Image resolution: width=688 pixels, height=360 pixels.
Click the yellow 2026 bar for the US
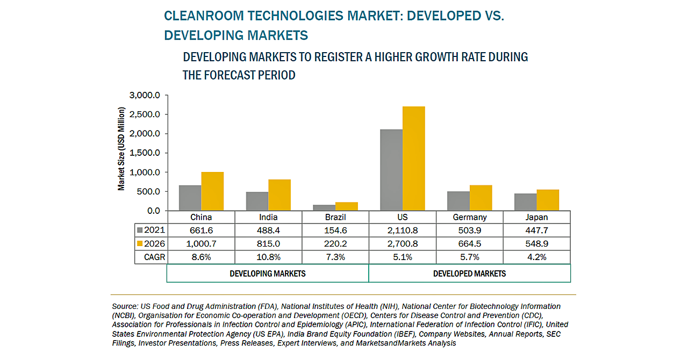[413, 159]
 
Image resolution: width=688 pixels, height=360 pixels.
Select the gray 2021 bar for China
[190, 198]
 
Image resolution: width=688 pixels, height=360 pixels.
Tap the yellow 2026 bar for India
[279, 195]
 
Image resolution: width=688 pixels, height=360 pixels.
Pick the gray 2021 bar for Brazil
[324, 207]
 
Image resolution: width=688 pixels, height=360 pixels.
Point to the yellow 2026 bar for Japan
[548, 200]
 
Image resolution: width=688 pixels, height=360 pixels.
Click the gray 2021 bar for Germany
[458, 200]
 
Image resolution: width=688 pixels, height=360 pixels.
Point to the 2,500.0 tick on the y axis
[145, 114]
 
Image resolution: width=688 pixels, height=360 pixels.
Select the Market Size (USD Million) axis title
[122, 149]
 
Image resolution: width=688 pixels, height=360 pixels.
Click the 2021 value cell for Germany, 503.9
[470, 230]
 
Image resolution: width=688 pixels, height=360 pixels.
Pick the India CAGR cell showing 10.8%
[268, 257]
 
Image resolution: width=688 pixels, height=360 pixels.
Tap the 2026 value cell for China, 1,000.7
[201, 243]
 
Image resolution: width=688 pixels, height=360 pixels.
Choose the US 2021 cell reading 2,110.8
[403, 230]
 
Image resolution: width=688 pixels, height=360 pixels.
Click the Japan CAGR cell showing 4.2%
[536, 257]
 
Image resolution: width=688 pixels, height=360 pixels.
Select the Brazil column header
[335, 217]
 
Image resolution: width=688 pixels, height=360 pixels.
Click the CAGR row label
[155, 257]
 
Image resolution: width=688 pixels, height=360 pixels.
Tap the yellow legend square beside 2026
[140, 243]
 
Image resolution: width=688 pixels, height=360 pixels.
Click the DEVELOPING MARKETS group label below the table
[268, 273]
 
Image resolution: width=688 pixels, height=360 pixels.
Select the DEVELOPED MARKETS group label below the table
[469, 273]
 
